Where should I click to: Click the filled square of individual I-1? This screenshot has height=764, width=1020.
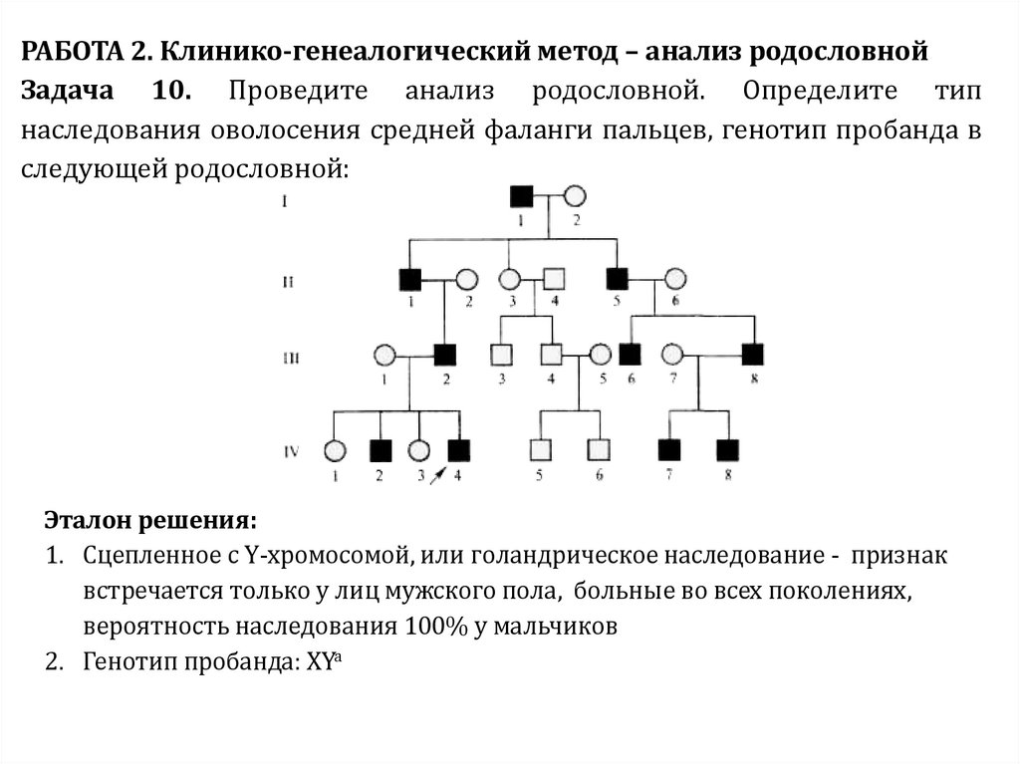[521, 196]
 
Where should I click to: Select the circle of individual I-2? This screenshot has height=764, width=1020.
[575, 196]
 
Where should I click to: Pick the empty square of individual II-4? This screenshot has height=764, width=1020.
[555, 278]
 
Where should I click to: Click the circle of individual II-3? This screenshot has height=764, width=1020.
[510, 278]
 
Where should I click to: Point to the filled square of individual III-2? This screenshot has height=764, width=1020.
[445, 354]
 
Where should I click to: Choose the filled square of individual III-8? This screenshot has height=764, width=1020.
[752, 354]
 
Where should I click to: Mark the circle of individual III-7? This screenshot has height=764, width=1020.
[673, 354]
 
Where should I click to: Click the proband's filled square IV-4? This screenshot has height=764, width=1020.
[458, 450]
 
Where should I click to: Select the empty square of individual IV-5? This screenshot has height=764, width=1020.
[540, 450]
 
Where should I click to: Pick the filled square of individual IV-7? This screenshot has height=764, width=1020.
[670, 450]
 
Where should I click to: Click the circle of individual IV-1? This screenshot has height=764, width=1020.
[336, 450]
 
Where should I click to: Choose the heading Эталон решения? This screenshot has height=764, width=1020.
[149, 521]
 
